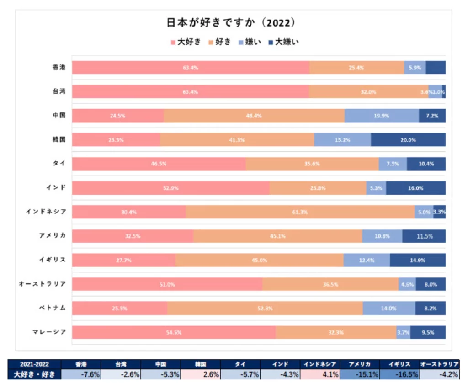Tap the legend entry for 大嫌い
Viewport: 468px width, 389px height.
[283, 42]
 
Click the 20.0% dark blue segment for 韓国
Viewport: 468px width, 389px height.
[408, 140]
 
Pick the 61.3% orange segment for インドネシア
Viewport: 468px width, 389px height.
[300, 212]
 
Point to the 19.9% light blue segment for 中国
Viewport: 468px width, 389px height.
[381, 116]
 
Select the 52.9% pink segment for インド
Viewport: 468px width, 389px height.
[170, 188]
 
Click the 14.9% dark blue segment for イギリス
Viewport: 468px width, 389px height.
[418, 260]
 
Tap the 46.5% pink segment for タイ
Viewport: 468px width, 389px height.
[159, 164]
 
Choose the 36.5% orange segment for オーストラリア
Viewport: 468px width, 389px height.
[330, 284]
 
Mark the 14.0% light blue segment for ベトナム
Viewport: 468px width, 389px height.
[388, 308]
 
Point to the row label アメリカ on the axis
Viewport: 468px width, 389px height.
[52, 236]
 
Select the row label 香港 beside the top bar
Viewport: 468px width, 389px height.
[59, 68]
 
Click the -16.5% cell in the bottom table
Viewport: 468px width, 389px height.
[399, 374]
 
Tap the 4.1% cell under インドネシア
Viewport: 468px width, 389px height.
[320, 374]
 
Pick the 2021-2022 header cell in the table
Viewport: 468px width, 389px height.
[35, 364]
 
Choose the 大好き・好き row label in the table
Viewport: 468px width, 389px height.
[35, 374]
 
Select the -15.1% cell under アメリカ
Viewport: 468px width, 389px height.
[360, 374]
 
